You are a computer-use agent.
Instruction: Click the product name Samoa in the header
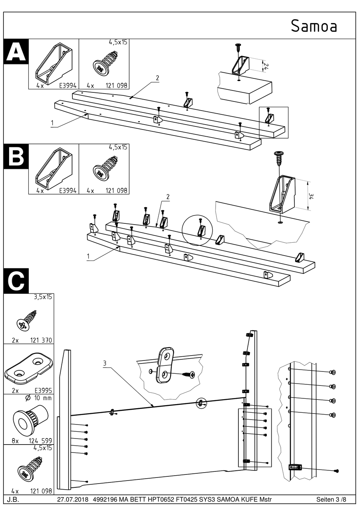coord(314,26)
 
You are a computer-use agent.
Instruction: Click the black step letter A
coord(16,51)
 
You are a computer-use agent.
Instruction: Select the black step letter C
coord(16,281)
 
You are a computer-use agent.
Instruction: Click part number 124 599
coord(41,441)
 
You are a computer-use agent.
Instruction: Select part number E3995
coord(43,390)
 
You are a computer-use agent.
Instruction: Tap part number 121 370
coord(41,340)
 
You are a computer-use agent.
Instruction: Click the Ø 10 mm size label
coord(38,398)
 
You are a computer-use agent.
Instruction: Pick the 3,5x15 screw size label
coord(43,297)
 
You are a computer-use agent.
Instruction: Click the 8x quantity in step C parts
coord(15,441)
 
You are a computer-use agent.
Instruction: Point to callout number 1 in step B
coord(88,256)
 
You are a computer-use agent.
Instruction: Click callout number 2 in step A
coord(157,78)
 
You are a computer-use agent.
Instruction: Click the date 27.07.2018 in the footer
coord(72,499)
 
